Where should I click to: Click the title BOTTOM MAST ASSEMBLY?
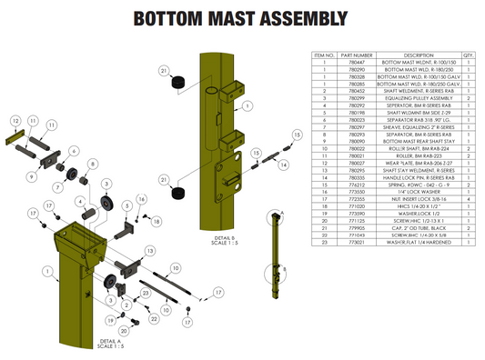pos(242,19)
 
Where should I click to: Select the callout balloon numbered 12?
pos(15,120)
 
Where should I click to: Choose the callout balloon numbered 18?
pos(155,221)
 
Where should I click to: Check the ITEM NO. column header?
pos(324,55)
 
